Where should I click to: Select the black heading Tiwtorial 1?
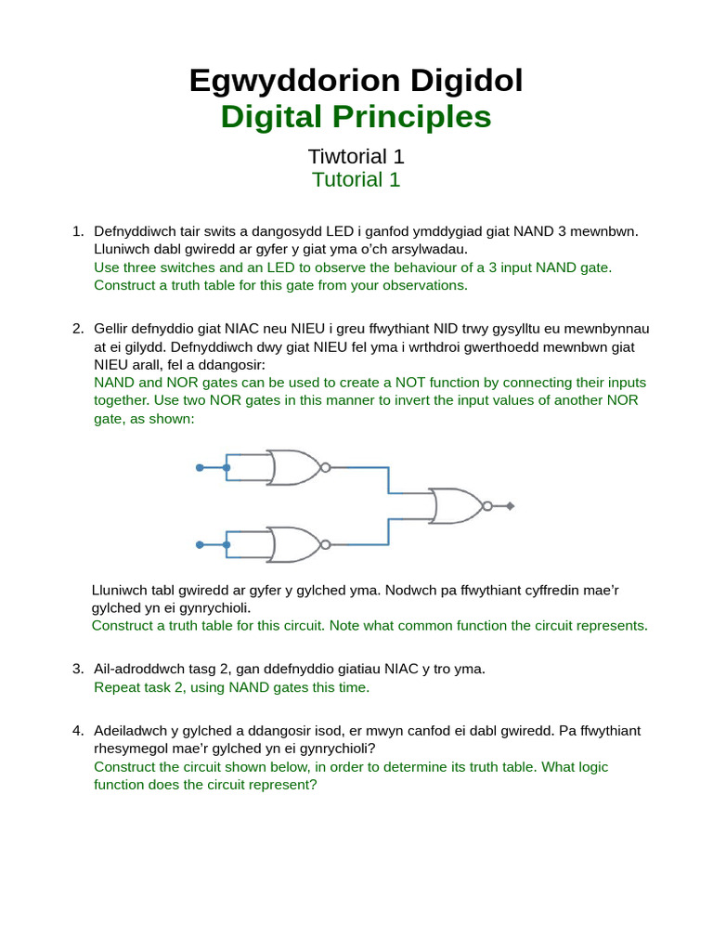tap(356, 156)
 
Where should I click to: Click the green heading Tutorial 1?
tap(356, 179)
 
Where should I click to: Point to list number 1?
tap(78, 231)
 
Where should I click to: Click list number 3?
tap(78, 669)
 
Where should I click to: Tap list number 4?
tap(78, 731)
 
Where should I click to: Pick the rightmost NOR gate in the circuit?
tap(456, 506)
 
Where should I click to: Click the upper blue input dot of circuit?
tap(200, 467)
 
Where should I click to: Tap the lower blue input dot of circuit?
tap(200, 544)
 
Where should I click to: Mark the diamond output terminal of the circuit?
tap(510, 506)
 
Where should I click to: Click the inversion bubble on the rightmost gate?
tap(487, 506)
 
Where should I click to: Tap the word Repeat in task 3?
tap(117, 687)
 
